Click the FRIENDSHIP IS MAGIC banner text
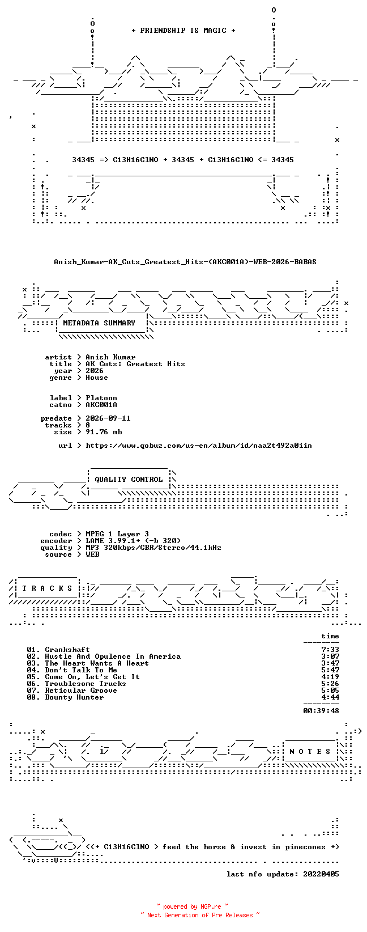click(183, 31)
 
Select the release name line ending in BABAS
click(185, 262)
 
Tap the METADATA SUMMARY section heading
click(99, 323)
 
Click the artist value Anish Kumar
click(110, 357)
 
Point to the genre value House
click(97, 378)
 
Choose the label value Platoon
click(101, 398)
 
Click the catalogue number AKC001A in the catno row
click(101, 404)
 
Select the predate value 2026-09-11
click(108, 418)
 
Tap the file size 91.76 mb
click(104, 432)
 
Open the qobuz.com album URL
click(199, 445)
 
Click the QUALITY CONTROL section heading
click(129, 479)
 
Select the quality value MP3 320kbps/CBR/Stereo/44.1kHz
click(153, 548)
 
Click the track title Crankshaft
click(67, 650)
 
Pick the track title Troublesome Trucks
click(85, 684)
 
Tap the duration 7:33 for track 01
click(330, 650)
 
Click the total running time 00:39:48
click(321, 711)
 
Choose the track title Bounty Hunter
click(74, 697)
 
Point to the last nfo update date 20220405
click(321, 874)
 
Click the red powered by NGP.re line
click(192, 906)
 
